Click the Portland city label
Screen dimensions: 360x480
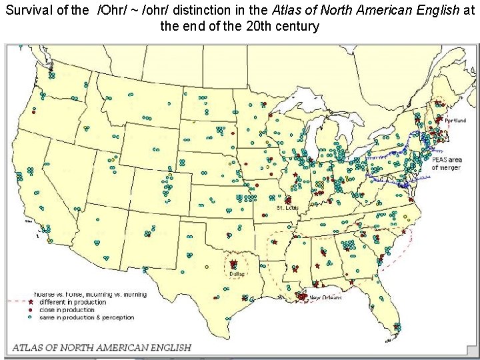(x=456, y=121)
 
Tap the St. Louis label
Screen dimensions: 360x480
(x=288, y=209)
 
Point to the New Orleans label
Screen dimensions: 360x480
(x=325, y=297)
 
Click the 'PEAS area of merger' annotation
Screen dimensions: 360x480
(x=447, y=163)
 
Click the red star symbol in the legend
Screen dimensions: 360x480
(x=30, y=302)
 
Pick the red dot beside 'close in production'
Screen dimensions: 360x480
(x=30, y=310)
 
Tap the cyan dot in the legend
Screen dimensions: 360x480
(x=30, y=318)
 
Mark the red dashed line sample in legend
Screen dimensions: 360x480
(x=17, y=302)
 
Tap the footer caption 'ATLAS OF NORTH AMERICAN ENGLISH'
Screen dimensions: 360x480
(x=102, y=347)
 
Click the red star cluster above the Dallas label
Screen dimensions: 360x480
(x=233, y=264)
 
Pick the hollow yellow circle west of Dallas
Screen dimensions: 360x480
(x=208, y=266)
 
